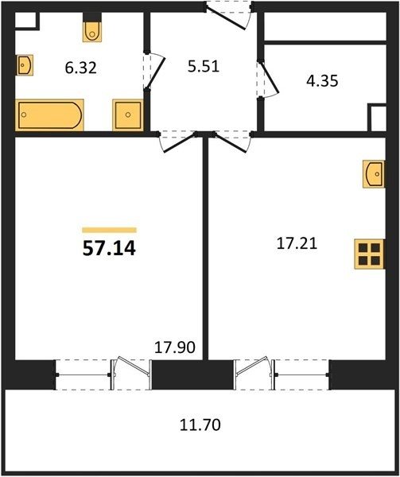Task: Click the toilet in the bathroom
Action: click(x=92, y=31)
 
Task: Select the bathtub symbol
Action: click(x=49, y=115)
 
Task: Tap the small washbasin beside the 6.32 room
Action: click(x=25, y=65)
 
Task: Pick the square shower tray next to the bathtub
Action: click(x=128, y=115)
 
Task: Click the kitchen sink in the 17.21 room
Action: click(x=374, y=174)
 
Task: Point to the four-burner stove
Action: click(x=370, y=254)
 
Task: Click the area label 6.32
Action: click(x=81, y=68)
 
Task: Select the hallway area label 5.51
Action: click(x=204, y=67)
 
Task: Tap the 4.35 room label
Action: click(x=322, y=81)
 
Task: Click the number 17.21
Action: click(x=297, y=244)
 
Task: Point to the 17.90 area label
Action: click(x=175, y=347)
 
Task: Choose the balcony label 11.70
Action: click(x=200, y=425)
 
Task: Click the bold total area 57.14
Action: click(x=109, y=248)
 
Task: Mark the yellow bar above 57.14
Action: click(x=109, y=230)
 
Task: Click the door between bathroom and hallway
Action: click(x=153, y=71)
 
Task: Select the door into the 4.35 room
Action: click(x=268, y=79)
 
